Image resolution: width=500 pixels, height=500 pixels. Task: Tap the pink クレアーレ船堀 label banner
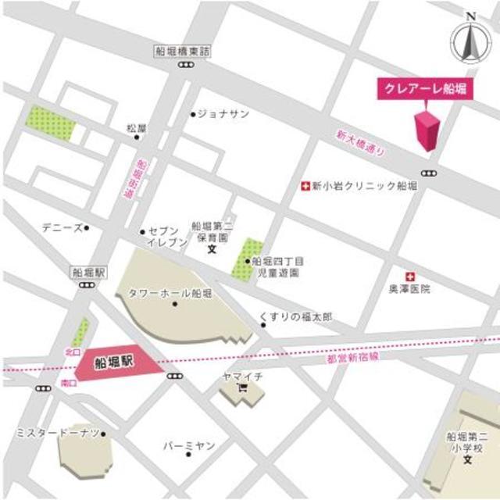(423, 88)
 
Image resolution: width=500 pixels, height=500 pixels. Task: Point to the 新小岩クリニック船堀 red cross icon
(305, 186)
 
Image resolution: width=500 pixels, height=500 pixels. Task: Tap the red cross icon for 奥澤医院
(409, 277)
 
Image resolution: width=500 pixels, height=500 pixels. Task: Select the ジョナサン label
(223, 114)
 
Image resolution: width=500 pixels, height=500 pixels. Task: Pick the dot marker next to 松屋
(137, 137)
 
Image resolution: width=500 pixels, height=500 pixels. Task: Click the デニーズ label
(62, 228)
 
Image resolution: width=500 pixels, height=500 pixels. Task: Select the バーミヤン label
(188, 445)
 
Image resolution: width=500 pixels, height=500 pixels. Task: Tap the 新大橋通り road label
(360, 144)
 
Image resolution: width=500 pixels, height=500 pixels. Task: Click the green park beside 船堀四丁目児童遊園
(247, 258)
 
